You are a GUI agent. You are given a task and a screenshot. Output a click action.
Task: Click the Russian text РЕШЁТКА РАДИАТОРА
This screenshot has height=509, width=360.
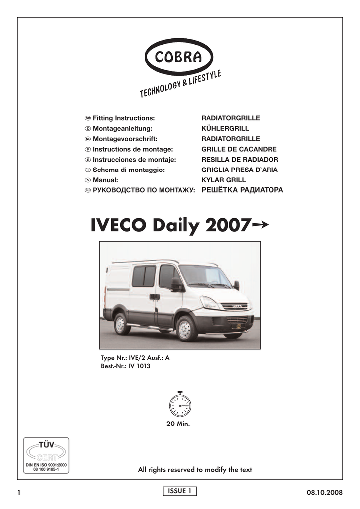(x=242, y=190)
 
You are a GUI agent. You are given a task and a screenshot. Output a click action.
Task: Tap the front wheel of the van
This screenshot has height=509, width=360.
(x=186, y=329)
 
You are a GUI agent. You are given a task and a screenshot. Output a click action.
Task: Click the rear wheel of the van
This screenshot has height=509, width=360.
(x=121, y=324)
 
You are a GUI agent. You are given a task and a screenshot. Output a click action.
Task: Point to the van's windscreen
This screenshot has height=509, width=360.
(x=204, y=276)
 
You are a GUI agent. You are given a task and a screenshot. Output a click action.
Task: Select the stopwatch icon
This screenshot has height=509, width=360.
(x=180, y=405)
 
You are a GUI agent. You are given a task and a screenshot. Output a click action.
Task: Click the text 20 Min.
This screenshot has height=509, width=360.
(x=180, y=424)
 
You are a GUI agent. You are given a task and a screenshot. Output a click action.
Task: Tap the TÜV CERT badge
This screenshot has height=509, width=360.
(x=46, y=456)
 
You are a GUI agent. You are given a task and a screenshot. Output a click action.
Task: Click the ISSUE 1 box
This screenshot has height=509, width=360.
(x=180, y=491)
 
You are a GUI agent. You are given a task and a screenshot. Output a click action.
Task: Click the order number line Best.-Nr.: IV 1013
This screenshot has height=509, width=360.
(x=125, y=366)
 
